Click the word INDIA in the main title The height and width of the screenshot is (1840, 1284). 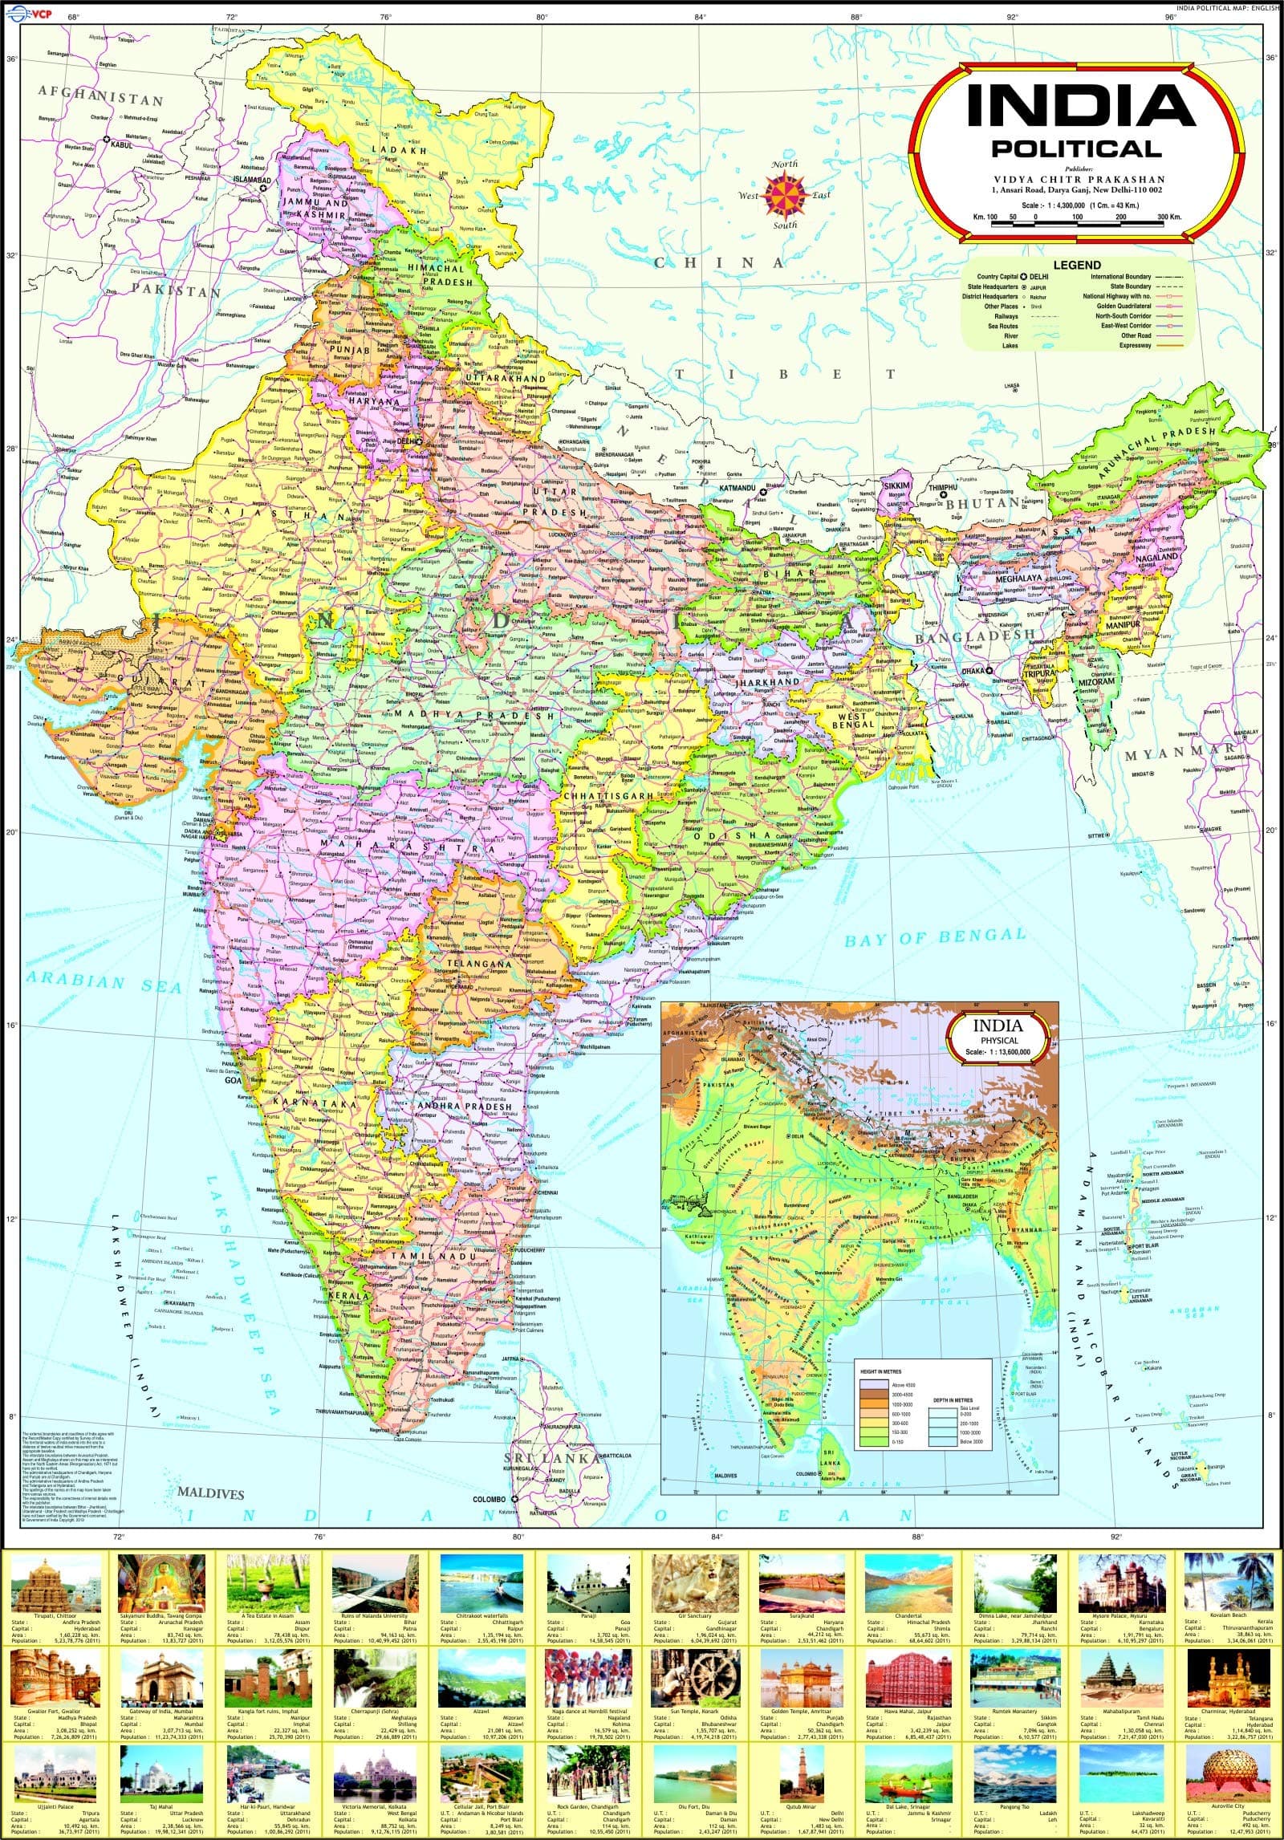(1080, 108)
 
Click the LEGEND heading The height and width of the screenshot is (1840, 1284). (1077, 265)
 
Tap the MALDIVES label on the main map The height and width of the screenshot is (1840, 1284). (210, 1495)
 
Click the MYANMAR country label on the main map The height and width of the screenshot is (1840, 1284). (1180, 753)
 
